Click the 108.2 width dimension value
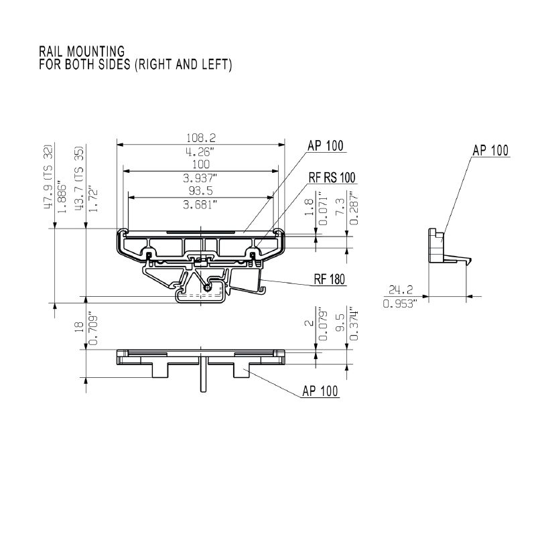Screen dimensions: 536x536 [200, 137]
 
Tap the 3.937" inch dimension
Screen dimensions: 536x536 [200, 178]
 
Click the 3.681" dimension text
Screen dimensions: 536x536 [200, 205]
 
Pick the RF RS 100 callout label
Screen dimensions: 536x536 [332, 178]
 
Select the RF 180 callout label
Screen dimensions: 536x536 [328, 281]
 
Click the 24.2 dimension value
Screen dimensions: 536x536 [400, 289]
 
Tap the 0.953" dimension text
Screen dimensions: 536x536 [400, 303]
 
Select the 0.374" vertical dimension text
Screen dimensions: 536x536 [356, 326]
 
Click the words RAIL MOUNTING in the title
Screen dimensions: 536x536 [81, 51]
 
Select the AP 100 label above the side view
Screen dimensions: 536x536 [490, 150]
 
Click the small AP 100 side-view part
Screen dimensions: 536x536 [438, 247]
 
